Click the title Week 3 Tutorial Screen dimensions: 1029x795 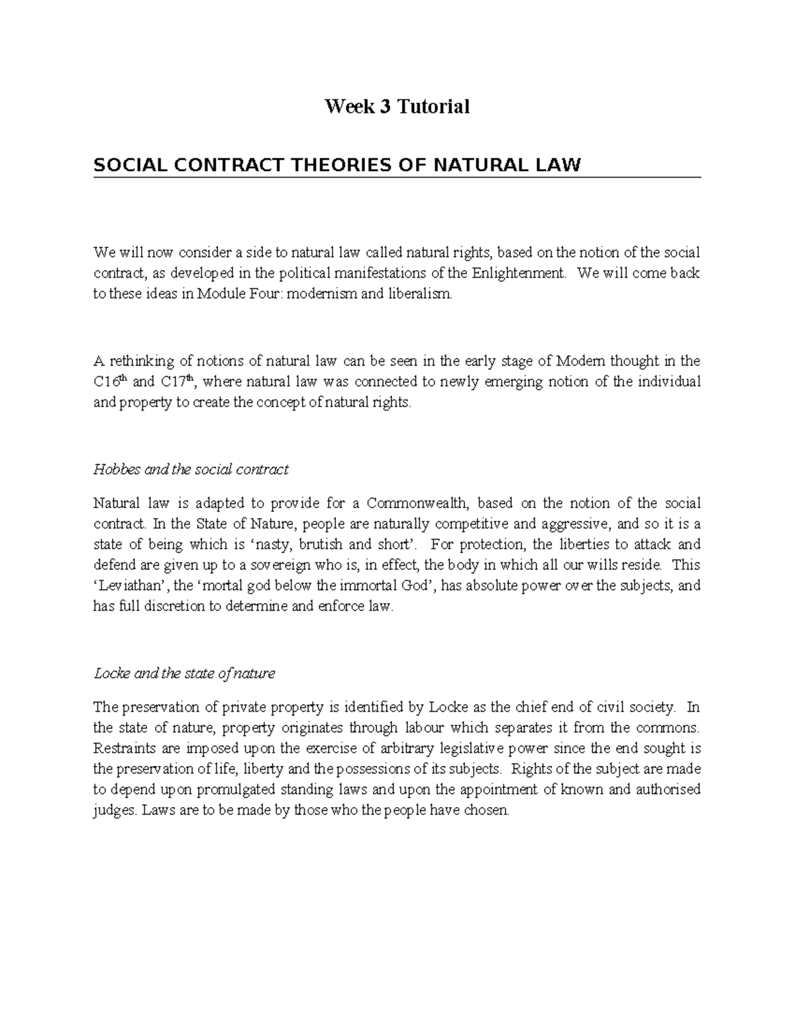(397, 106)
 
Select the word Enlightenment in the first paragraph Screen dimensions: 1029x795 (519, 274)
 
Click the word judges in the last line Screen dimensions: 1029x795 (115, 810)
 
